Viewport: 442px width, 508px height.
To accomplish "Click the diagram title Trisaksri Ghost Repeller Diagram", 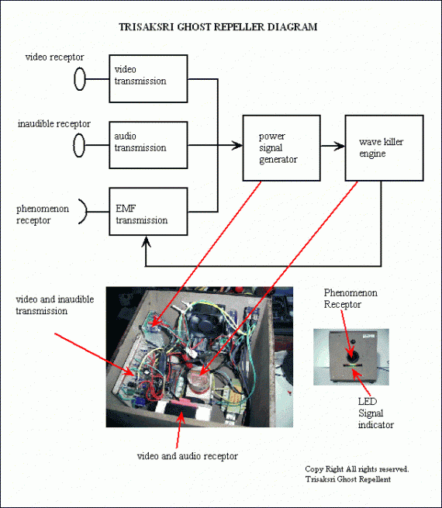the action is pos(218,27).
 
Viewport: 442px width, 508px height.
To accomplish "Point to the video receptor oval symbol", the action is pos(80,79).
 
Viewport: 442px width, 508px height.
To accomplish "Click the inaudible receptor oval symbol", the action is pos(79,146).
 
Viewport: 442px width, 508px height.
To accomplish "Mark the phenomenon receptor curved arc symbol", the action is pos(86,212).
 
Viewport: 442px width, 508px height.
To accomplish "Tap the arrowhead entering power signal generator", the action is pos(237,146).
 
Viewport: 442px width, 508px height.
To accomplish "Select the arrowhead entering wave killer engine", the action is pos(340,146).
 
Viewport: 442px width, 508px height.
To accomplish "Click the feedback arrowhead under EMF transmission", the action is pos(147,241).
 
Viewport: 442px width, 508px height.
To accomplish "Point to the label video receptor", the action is pos(54,57).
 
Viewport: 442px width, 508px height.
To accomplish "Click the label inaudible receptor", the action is pos(54,124).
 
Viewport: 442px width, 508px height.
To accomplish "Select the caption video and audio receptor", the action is pos(187,456).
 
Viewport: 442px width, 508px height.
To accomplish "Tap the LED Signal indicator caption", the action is pos(375,413).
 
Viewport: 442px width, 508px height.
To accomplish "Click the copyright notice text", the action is pos(357,474).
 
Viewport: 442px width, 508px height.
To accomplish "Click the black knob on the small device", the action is pos(352,357).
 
